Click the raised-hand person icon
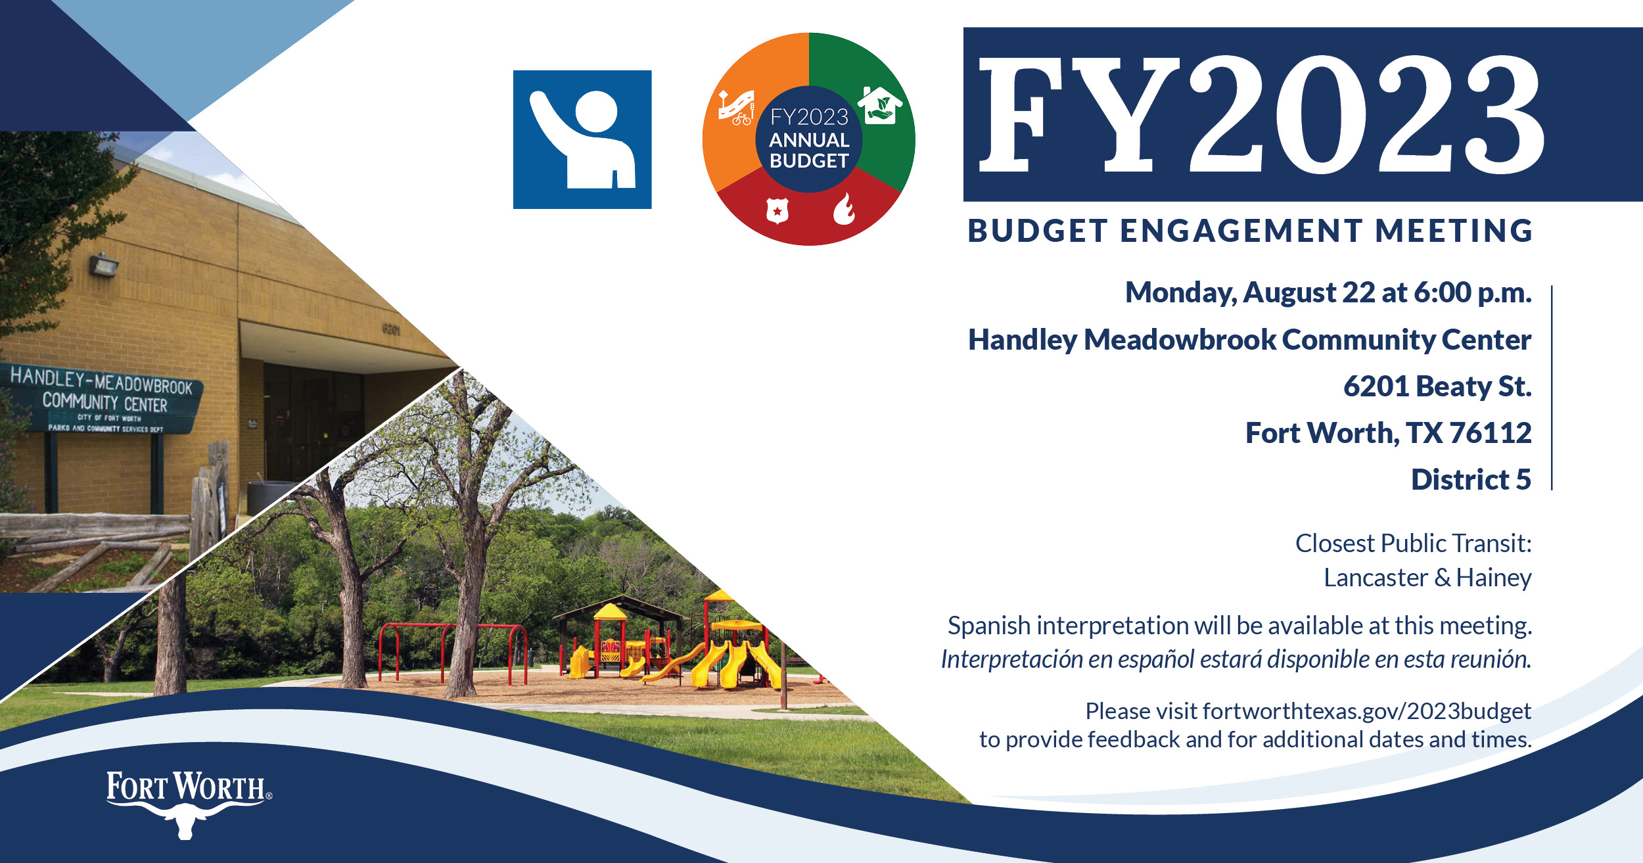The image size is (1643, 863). (582, 139)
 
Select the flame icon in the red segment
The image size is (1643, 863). (844, 209)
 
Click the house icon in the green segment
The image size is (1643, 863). (880, 105)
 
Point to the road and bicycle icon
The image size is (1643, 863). (736, 107)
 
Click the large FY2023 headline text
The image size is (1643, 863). (1261, 114)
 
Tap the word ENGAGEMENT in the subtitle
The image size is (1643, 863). (1241, 231)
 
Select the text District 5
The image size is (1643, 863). (1471, 480)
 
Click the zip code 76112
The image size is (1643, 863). (1491, 433)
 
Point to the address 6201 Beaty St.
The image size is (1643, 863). (1437, 386)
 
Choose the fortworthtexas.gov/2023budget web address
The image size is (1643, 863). (1367, 711)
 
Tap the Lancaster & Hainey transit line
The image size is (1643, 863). (1427, 578)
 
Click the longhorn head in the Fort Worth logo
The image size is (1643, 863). (186, 822)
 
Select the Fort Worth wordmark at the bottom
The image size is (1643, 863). (188, 787)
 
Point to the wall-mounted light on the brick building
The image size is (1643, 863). (104, 265)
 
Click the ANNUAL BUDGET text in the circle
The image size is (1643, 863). (809, 151)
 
